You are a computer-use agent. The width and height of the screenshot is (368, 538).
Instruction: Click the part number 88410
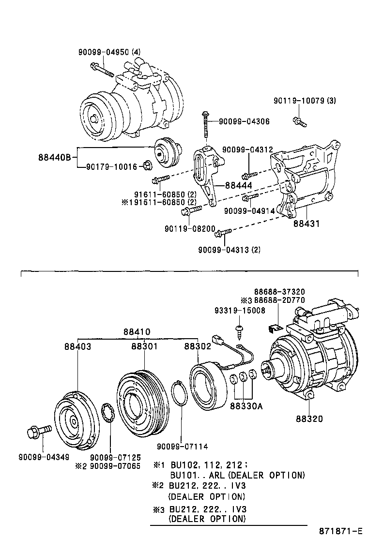(x=137, y=332)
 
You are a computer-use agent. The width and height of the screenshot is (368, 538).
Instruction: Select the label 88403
(x=77, y=346)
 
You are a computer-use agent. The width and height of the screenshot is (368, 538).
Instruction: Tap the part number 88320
(x=309, y=418)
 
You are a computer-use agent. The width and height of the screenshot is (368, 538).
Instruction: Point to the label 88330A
(x=246, y=406)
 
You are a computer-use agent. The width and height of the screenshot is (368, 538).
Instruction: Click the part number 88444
(x=239, y=185)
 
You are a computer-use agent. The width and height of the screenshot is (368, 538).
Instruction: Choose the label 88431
(x=306, y=224)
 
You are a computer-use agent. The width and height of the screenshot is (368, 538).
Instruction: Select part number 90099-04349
(x=44, y=457)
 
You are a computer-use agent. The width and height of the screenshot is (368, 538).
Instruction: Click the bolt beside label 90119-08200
(x=191, y=210)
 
